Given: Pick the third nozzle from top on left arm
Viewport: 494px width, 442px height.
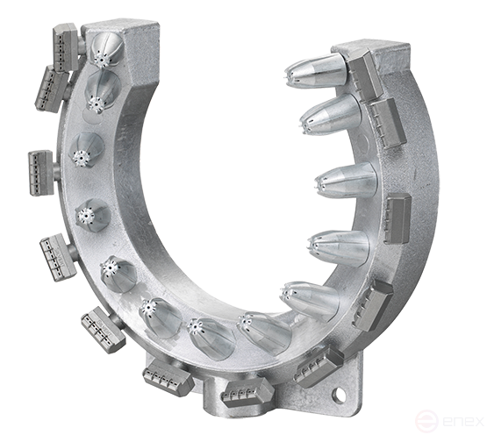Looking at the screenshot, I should tap(87, 157).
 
